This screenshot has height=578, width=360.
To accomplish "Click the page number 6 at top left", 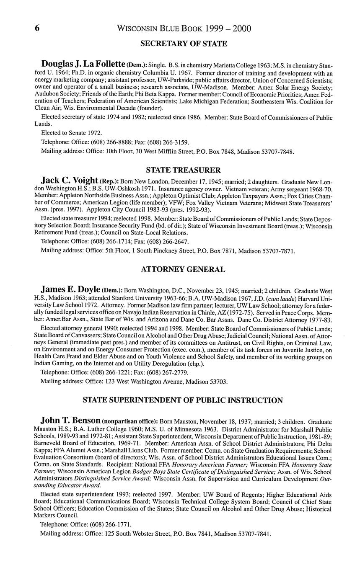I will point(37,28).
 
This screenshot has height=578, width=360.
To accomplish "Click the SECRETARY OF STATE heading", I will point(184,44).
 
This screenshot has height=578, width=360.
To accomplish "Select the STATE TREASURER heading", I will point(183,170).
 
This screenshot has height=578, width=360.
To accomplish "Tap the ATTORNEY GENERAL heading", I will point(183,269).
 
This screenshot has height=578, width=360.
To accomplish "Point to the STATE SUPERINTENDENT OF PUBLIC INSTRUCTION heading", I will point(183,400).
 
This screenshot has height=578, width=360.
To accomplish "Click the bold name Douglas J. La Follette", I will point(83,65).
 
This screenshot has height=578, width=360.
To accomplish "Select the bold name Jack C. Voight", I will point(70,181).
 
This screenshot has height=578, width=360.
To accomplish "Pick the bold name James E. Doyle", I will point(70,289).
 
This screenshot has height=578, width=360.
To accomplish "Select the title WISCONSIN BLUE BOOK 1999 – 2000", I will point(184,28).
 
